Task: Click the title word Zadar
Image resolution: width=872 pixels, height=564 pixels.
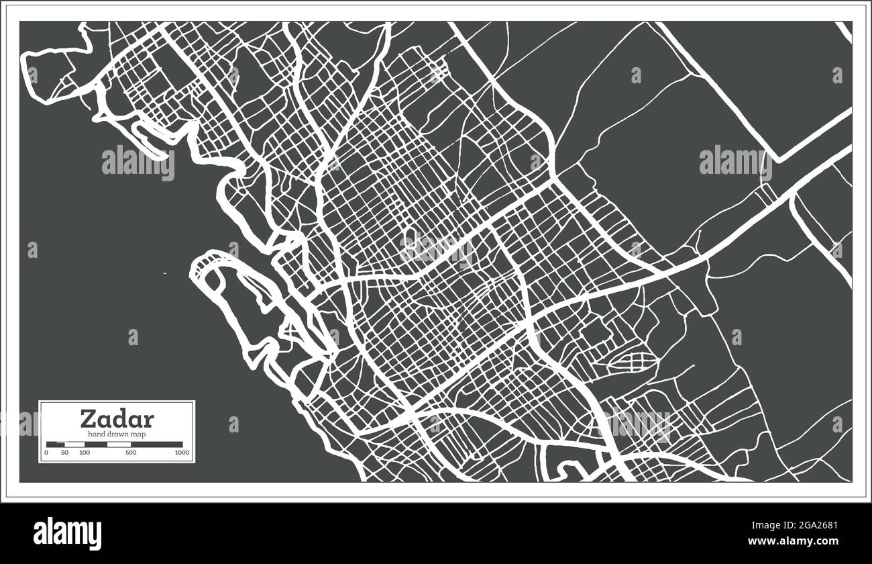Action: click(x=117, y=419)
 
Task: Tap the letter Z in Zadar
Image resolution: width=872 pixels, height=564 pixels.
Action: click(x=88, y=419)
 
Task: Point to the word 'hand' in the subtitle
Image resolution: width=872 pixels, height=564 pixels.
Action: click(x=96, y=434)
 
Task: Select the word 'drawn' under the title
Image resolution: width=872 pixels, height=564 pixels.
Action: click(x=117, y=434)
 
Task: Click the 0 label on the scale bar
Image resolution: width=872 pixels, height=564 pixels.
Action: click(x=46, y=453)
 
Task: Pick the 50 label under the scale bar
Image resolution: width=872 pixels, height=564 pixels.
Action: click(x=64, y=453)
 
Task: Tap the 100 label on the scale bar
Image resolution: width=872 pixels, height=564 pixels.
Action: click(x=84, y=453)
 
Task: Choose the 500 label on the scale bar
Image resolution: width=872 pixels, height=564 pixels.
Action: click(x=131, y=453)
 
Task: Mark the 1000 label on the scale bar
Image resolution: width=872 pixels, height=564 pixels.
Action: click(x=181, y=453)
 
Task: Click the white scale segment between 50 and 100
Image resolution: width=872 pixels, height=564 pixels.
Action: click(x=74, y=444)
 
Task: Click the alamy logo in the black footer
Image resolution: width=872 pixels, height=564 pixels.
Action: click(x=67, y=533)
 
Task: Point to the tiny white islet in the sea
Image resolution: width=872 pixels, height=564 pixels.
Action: click(x=165, y=273)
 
